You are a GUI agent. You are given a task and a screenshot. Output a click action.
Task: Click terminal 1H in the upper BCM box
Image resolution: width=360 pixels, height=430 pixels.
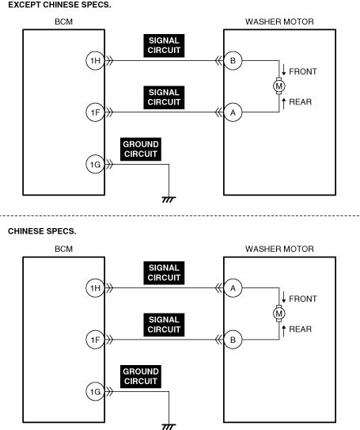pos(96,61)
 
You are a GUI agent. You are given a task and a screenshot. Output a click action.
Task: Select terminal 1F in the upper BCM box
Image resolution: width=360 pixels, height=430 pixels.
pos(96,112)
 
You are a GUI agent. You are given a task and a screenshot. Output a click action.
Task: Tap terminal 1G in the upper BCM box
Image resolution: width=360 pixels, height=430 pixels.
pos(96,165)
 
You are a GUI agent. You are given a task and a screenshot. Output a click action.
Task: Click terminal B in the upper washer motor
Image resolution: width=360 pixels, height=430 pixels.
pos(233,61)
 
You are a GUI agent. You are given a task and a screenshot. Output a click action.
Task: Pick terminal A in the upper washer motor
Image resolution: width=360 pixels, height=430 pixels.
pos(233,112)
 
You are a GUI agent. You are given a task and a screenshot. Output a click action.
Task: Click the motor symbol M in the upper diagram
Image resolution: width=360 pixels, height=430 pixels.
pos(279,86)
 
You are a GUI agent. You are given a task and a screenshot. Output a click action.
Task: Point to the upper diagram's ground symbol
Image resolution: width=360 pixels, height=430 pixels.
pos(169,200)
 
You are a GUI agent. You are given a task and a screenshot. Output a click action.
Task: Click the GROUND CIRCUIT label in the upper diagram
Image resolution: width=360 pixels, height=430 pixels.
pos(141,149)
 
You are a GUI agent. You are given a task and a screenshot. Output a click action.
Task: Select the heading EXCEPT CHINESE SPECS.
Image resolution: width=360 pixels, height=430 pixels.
pos(59,5)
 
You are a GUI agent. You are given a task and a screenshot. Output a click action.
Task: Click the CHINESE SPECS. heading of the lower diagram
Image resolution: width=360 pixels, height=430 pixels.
pos(42,231)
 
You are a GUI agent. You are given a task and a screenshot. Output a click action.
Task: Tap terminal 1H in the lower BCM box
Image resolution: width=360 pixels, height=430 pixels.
pos(96,288)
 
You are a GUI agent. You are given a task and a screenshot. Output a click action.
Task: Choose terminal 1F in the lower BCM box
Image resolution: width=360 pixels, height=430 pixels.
pos(96,340)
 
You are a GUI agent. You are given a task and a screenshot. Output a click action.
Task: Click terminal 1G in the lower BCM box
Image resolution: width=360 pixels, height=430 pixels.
pos(96,392)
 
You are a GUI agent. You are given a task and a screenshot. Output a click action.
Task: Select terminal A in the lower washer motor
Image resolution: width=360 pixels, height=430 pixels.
pos(233,288)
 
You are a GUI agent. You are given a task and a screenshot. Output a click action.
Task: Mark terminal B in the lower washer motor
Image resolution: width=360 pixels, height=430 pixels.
pos(233,340)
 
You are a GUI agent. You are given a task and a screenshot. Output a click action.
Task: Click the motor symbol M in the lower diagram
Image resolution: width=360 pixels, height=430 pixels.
pos(279,314)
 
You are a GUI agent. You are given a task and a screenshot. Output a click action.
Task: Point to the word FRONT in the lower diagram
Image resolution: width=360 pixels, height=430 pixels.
pos(303,299)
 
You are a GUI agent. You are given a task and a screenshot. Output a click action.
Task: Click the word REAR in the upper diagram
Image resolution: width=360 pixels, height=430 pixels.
pos(301,102)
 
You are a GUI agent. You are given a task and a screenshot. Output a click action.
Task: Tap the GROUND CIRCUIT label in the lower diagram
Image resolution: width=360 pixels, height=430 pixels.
pos(141,376)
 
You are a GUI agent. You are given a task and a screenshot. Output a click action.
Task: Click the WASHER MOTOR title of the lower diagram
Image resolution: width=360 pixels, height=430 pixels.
pos(279,249)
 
